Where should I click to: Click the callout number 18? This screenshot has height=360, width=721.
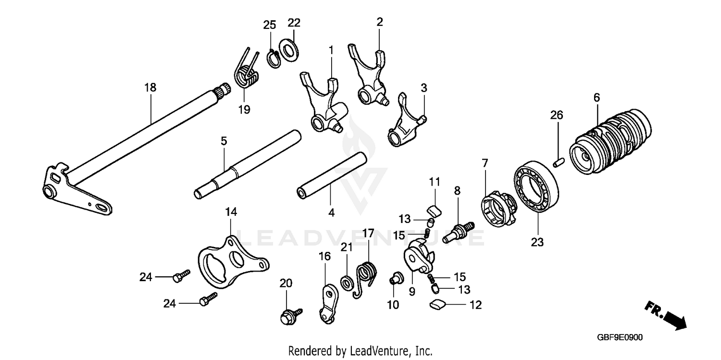(x=150, y=87)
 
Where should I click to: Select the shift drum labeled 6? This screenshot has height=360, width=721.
(x=610, y=141)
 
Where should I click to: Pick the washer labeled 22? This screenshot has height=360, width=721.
(x=288, y=50)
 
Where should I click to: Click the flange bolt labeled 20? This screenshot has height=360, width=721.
(x=289, y=316)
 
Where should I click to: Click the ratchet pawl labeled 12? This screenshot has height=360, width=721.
(x=438, y=303)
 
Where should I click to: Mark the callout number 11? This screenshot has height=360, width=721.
(x=435, y=182)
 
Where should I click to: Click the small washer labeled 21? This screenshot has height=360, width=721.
(x=346, y=282)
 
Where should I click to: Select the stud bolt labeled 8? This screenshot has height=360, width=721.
(x=458, y=230)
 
